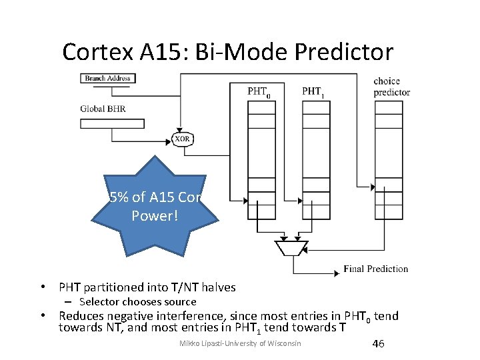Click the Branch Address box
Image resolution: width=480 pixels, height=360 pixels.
107,78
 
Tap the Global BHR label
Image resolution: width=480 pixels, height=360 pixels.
103,109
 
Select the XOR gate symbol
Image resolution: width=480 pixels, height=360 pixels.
183,139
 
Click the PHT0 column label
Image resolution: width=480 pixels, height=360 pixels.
259,91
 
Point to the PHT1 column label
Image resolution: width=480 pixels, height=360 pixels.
313,91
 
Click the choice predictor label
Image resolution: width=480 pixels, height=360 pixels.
391,87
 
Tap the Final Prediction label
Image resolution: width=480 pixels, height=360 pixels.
375,269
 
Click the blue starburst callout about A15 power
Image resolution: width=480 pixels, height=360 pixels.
155,207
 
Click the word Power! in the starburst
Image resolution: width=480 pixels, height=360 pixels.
155,216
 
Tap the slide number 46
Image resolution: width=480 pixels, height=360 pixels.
378,343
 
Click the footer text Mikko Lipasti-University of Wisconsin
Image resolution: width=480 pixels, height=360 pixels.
241,343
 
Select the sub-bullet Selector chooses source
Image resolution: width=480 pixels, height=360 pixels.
137,302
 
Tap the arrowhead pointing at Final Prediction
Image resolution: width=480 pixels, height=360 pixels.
337,273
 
